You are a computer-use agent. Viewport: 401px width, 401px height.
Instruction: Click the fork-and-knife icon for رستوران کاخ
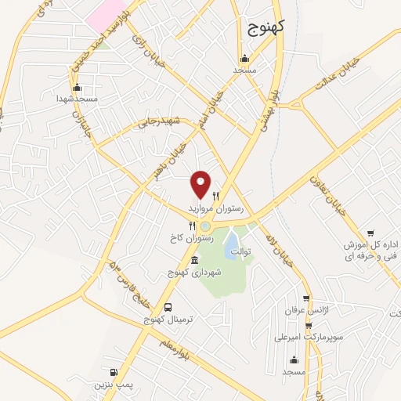click(x=181, y=226)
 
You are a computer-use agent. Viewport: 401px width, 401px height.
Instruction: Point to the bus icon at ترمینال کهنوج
click(x=168, y=307)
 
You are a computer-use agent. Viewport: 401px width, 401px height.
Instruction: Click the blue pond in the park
click(x=233, y=248)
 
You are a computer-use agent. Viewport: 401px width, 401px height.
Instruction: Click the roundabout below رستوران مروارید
click(x=205, y=226)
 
